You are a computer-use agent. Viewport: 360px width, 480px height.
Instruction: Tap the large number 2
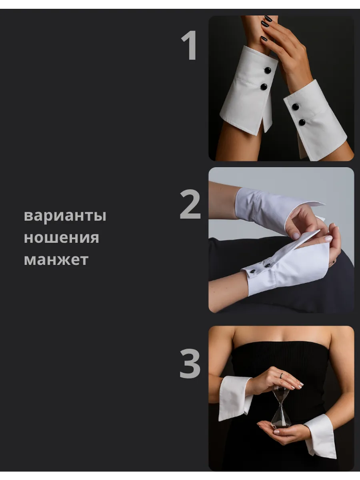coord(190,204)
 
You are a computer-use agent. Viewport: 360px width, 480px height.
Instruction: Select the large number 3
coord(190,363)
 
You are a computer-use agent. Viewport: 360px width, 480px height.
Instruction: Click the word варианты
coord(65,216)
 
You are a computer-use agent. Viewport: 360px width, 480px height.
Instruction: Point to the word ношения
coord(62,238)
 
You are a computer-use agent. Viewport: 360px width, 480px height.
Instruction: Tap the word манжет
coord(56,260)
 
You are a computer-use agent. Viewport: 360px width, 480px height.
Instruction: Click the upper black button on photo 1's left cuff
coord(267,70)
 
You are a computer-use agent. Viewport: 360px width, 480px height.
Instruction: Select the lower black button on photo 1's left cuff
coord(264,87)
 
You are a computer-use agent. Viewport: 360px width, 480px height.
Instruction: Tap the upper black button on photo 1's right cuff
coord(296,107)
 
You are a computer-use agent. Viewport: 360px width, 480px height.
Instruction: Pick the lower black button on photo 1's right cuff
coord(302,122)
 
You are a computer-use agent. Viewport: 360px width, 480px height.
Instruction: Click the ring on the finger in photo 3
coord(282,376)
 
